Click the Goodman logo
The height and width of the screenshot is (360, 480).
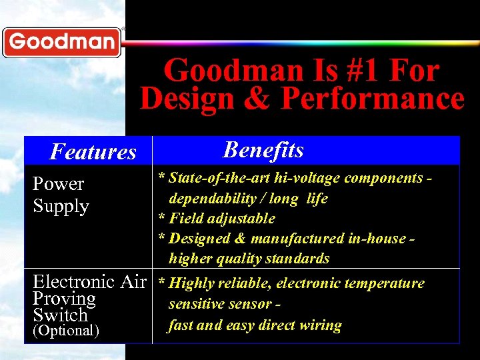point(61,42)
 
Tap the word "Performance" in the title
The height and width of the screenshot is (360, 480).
point(373,99)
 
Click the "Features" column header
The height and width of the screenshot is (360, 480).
point(93,152)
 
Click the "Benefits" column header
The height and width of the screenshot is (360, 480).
point(263,150)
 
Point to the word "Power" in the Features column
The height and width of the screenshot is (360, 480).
point(59,184)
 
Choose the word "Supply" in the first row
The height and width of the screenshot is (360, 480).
point(61,206)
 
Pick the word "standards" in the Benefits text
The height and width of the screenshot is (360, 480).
point(298,259)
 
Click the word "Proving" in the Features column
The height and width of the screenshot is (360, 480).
point(64,299)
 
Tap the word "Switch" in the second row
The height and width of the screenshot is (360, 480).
point(60,315)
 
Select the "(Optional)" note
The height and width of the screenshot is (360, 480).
point(66,331)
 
